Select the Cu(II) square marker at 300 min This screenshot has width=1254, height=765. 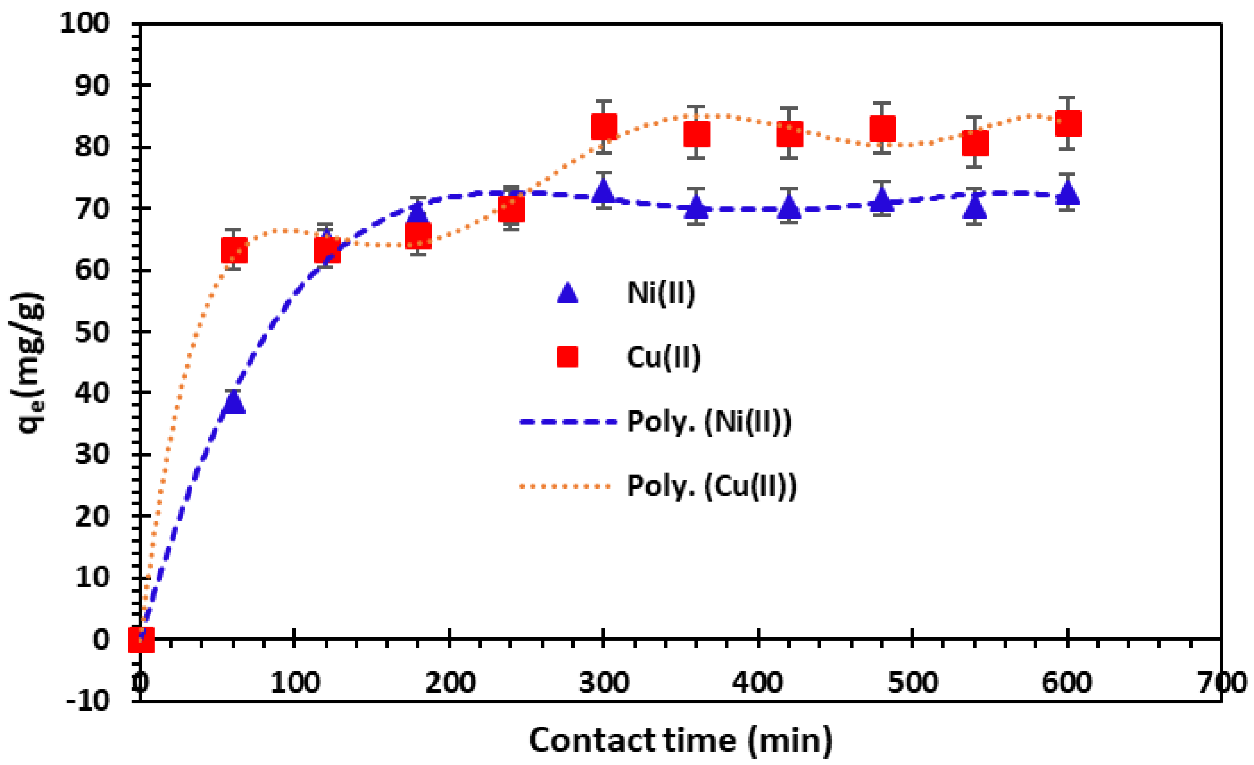click(604, 127)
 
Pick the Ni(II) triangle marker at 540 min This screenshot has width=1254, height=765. click(975, 207)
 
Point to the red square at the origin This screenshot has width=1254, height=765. click(141, 639)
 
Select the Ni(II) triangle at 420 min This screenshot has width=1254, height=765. click(789, 206)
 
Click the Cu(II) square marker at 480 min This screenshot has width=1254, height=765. click(883, 128)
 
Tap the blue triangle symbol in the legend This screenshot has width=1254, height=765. click(567, 294)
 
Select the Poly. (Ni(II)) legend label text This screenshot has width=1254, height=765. click(709, 422)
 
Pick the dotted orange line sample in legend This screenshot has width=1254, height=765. click(565, 486)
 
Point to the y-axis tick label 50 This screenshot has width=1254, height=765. click(92, 332)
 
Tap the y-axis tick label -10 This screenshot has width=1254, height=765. click(88, 702)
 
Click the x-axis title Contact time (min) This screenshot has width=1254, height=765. click(680, 740)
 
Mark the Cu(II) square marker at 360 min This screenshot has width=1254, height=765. click(697, 134)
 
